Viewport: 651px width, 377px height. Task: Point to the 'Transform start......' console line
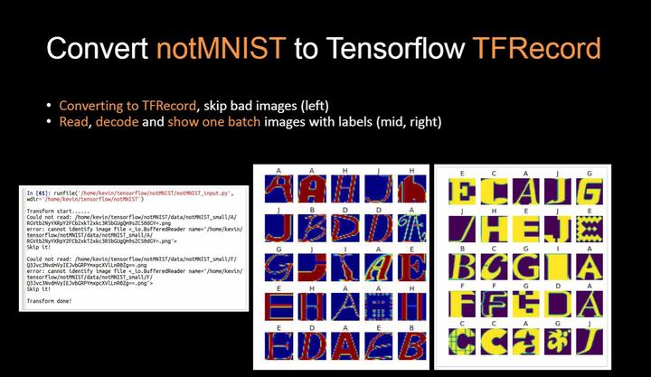pyautogui.click(x=54, y=211)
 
